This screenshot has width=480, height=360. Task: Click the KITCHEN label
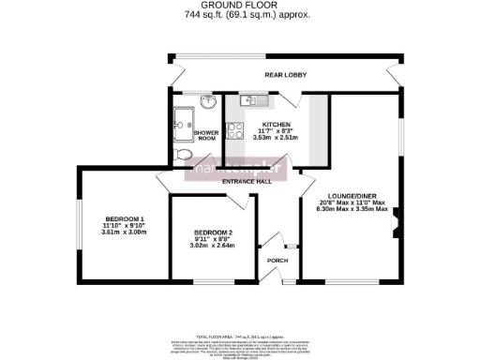click(x=277, y=124)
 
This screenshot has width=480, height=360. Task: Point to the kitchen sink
click(x=248, y=101)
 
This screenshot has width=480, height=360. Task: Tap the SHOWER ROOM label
click(x=206, y=135)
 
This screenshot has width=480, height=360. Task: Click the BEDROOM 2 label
click(x=213, y=232)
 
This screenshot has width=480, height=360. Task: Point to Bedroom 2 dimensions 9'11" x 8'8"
click(x=213, y=239)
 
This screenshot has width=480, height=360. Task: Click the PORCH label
click(x=277, y=261)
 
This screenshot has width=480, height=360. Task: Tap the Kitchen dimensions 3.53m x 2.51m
click(x=277, y=139)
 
